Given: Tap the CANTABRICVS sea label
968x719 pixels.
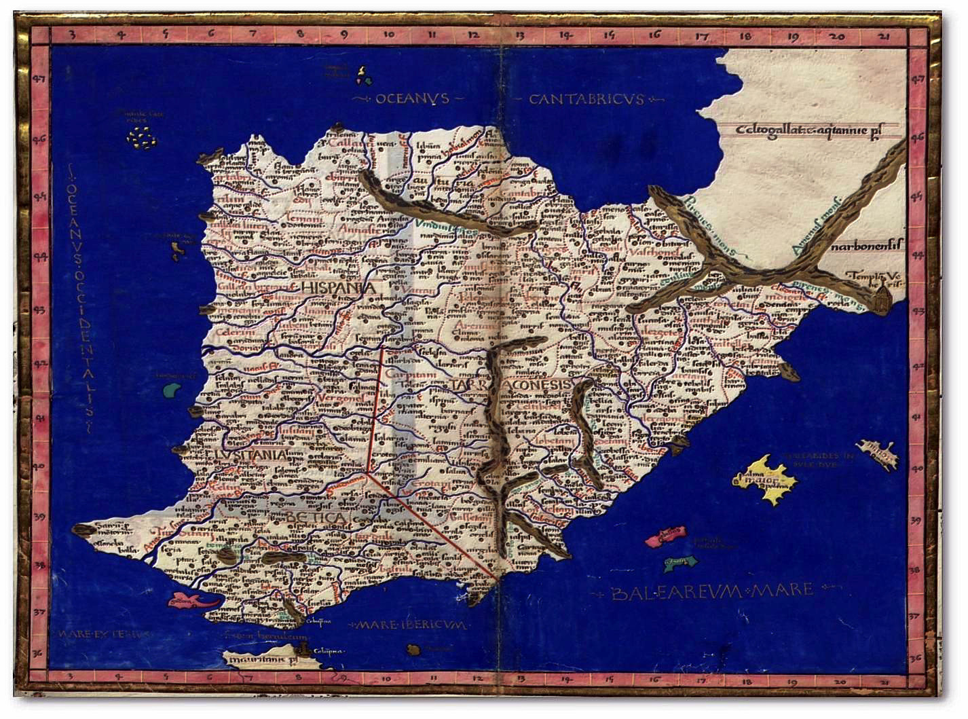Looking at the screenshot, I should click(586, 100).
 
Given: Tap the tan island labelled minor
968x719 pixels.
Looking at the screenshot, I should click(877, 454).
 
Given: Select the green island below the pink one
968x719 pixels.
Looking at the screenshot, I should click(680, 562).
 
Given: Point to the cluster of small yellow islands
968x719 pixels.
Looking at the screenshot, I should click(142, 139).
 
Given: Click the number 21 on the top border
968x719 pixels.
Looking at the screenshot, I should click(883, 37).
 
